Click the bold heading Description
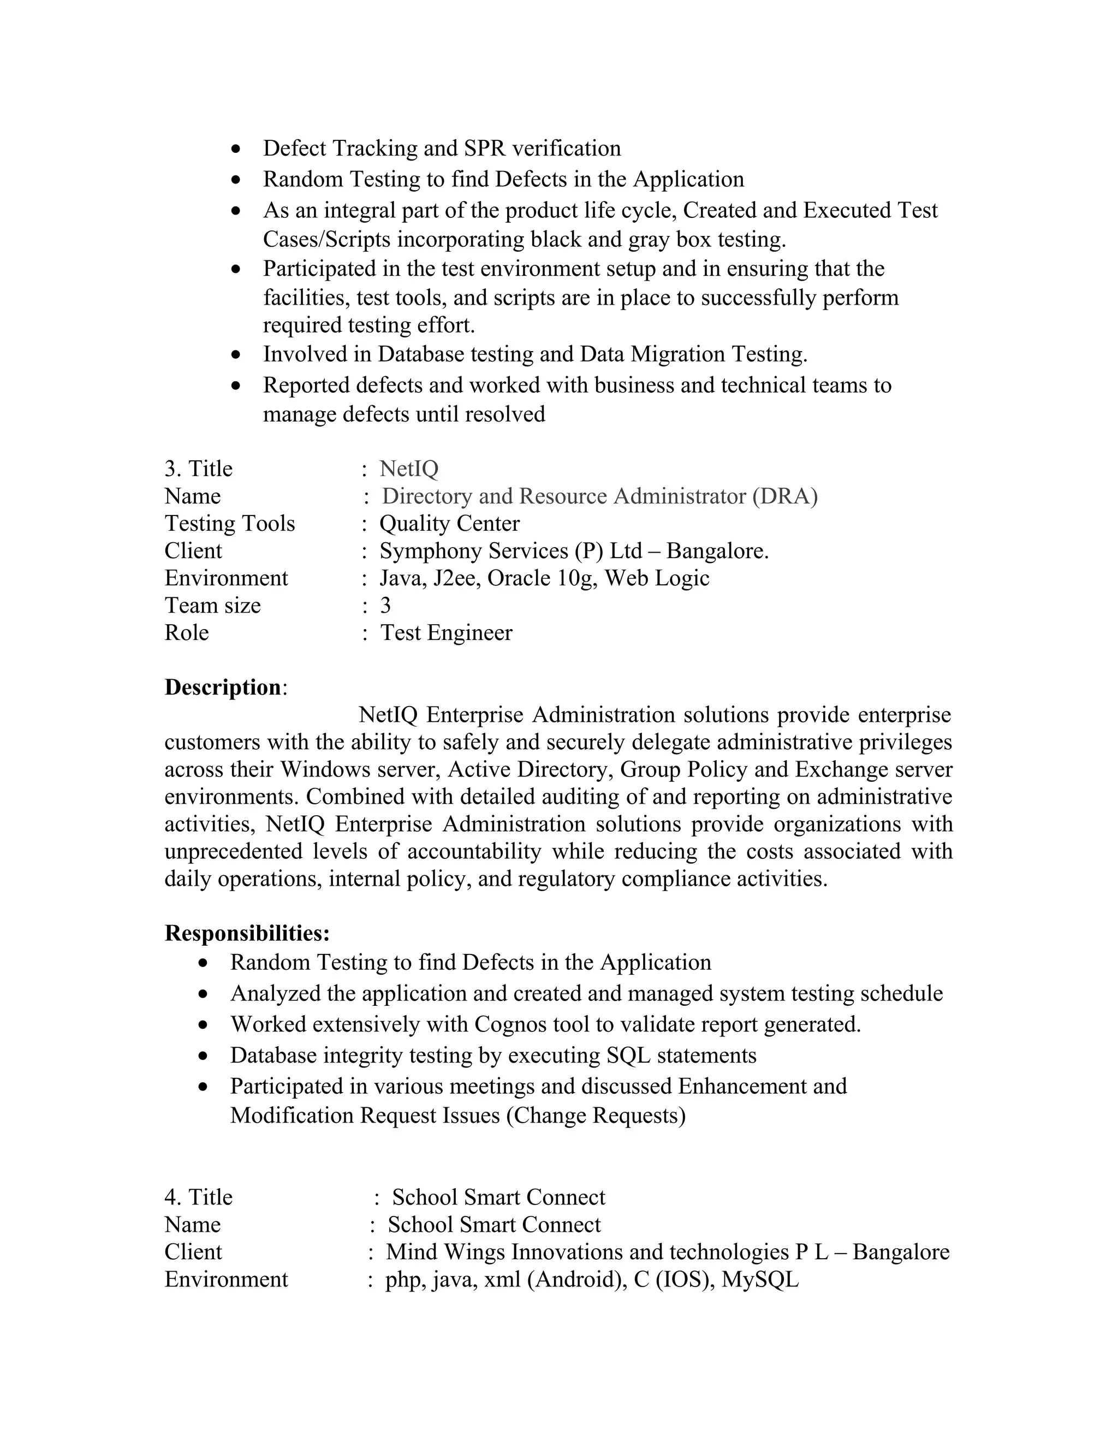tap(223, 687)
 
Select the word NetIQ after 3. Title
tap(409, 469)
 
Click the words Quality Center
tap(449, 524)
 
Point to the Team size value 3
tap(385, 605)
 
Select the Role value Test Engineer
tap(446, 633)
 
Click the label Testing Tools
tap(229, 524)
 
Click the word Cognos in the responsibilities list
tap(507, 1024)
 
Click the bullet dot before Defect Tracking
tap(236, 149)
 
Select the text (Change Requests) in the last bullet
tap(596, 1115)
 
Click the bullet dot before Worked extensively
tap(203, 1025)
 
